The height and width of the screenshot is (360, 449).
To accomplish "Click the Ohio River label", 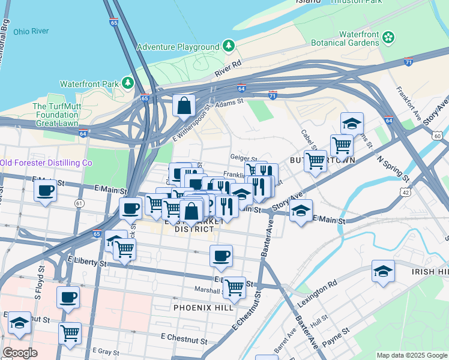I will point(31,31).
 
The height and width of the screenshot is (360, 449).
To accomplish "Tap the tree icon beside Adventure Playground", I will point(229,46).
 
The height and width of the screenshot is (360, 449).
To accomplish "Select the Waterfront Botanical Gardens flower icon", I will point(389,38).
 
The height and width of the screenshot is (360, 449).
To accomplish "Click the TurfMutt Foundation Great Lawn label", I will point(56,115).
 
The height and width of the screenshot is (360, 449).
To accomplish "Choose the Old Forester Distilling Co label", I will point(46,163).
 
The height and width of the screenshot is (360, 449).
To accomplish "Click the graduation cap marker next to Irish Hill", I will point(383,272).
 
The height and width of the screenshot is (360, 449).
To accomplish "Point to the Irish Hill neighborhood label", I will point(430,272).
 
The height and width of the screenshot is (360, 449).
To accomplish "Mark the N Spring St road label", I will point(394,170).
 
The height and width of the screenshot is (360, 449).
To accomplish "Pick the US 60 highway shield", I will point(436,136).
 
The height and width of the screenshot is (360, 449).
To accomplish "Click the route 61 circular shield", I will point(79,204).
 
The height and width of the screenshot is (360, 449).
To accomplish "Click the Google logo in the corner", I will point(20,352).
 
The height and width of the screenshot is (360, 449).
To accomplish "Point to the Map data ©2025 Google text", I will point(412,355).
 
